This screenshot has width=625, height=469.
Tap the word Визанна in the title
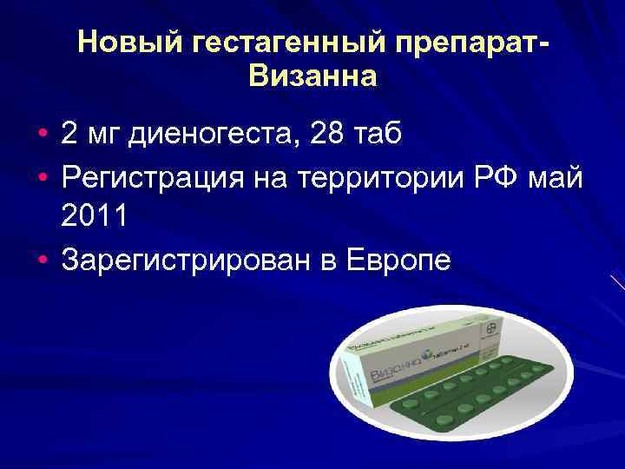[x=312, y=78]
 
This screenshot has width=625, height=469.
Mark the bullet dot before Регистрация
[x=43, y=178]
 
